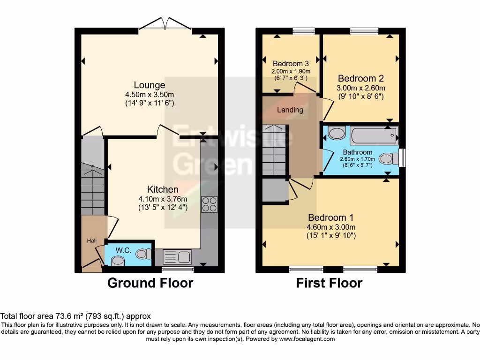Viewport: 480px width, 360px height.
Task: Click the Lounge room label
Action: [150, 85]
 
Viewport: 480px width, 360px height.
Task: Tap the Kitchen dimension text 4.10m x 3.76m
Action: [163, 199]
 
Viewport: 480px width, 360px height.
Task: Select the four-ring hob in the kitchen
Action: [210, 204]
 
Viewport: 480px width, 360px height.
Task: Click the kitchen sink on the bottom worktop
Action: [177, 256]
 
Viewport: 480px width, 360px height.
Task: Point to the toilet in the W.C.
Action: [144, 254]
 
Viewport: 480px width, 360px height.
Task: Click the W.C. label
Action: [123, 250]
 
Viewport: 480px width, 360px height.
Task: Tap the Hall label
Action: [91, 240]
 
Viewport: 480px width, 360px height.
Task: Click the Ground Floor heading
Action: [150, 283]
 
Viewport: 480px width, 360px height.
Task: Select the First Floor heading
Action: [329, 283]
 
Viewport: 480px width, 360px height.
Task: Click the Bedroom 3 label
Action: [291, 64]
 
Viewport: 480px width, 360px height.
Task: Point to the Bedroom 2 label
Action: [360, 78]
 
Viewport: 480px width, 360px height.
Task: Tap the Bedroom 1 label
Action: [330, 217]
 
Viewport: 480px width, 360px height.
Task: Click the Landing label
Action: [290, 110]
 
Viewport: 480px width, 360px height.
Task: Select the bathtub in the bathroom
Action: [374, 135]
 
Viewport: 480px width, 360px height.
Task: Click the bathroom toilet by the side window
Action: [389, 158]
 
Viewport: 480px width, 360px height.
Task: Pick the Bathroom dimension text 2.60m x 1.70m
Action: [358, 159]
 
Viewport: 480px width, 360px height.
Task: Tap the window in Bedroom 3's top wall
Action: [304, 31]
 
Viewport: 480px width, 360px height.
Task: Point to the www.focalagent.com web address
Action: [307, 339]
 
